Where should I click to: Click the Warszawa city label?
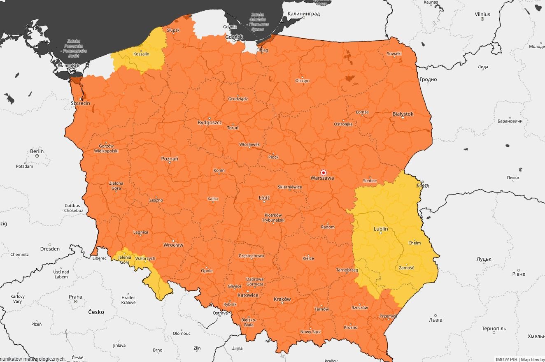323,179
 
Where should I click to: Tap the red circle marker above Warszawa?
324,173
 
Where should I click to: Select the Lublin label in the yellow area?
381,229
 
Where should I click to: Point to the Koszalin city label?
141,54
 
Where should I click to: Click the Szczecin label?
80,103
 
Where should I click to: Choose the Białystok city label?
403,114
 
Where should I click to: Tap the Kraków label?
282,299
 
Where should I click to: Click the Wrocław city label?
173,245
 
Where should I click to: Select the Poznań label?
170,159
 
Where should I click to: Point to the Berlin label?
37,151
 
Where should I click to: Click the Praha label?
75,297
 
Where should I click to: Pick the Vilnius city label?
482,14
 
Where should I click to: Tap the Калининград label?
304,14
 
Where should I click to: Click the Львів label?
436,320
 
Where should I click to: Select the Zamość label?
406,268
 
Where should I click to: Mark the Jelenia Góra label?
125,260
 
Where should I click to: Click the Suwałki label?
394,54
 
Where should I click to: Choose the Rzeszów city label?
359,308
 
